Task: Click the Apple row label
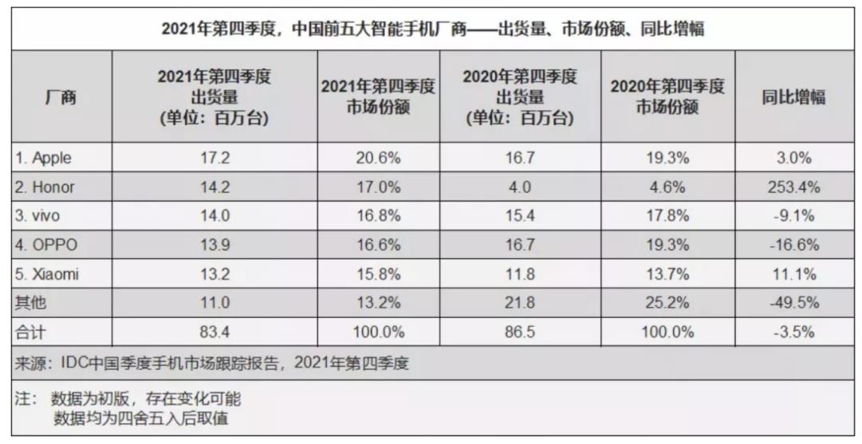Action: tap(43, 158)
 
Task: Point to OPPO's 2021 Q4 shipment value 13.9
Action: tap(215, 246)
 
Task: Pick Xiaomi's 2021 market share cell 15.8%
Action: tap(378, 275)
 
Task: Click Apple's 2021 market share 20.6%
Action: tap(378, 158)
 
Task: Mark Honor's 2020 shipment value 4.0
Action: tap(519, 187)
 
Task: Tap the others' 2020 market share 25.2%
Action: tap(667, 304)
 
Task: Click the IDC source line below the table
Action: tap(211, 363)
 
